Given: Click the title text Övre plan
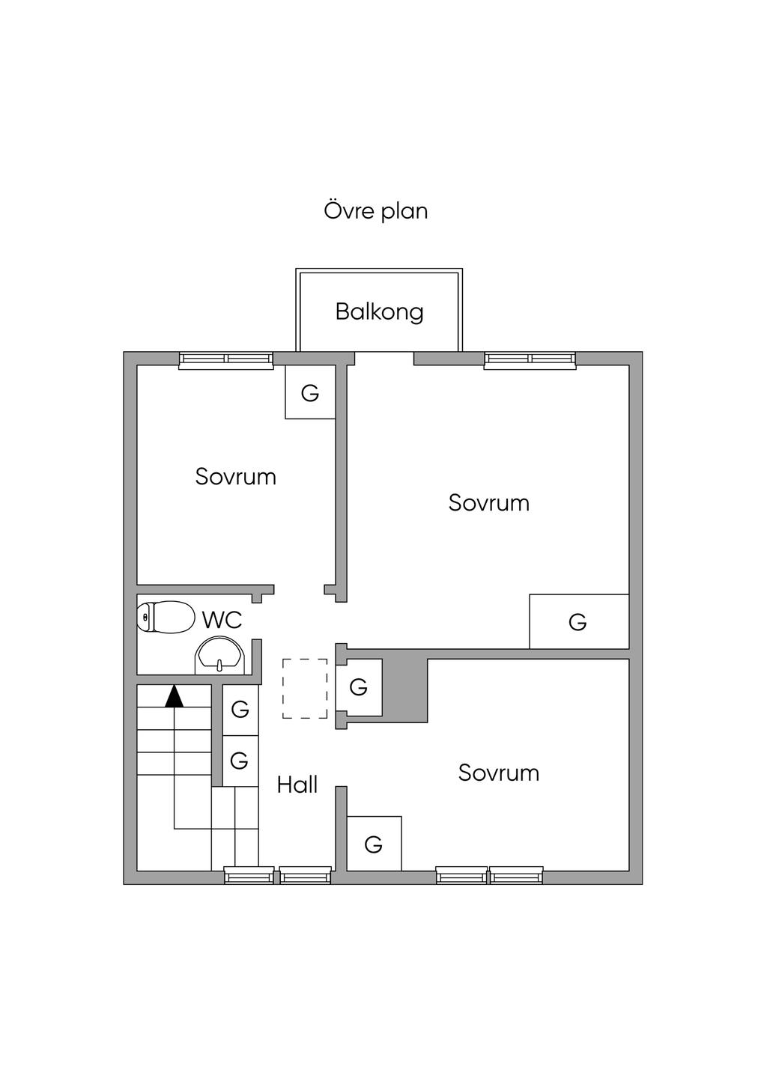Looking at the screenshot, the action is (376, 211).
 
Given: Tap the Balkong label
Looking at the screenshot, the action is (379, 312).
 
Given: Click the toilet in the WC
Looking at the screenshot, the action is (165, 617).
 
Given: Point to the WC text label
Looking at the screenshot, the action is (222, 620).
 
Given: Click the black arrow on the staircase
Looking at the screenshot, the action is (175, 698).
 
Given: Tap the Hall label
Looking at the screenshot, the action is (297, 785).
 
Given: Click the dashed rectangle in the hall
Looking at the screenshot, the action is (305, 688).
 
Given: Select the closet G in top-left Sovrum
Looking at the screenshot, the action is (310, 392).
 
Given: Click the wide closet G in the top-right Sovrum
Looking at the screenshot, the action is (579, 621).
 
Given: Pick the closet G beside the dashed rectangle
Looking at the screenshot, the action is (359, 686).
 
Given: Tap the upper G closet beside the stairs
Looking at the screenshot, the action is (240, 710).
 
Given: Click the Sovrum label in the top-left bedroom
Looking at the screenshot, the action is (236, 477).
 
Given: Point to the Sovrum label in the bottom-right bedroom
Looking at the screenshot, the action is (499, 773).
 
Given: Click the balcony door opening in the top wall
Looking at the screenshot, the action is (384, 358).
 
